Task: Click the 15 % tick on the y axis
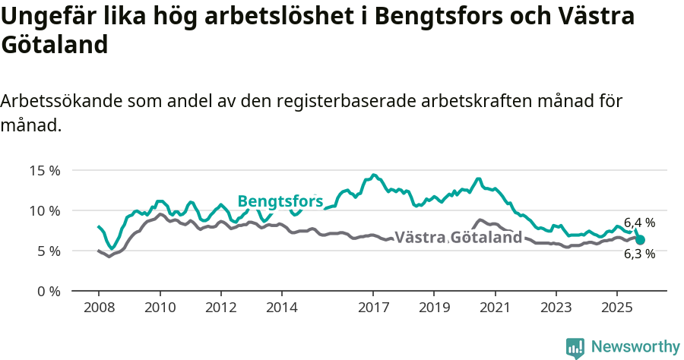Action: click(44, 170)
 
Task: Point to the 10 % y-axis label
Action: click(44, 210)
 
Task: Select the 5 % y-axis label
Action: click(48, 251)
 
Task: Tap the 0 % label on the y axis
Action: click(48, 291)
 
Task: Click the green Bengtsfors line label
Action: click(280, 201)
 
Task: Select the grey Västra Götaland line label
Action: click(458, 238)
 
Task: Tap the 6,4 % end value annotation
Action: click(639, 223)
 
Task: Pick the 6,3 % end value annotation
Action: click(639, 254)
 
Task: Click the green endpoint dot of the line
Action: click(640, 240)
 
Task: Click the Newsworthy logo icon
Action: click(575, 348)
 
